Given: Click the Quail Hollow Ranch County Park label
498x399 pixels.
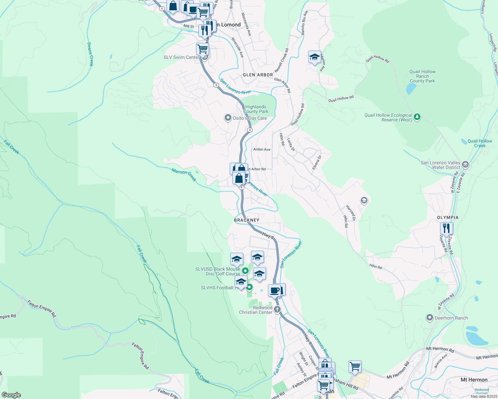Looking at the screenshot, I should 422,76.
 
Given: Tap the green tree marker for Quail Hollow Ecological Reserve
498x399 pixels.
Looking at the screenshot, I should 417,117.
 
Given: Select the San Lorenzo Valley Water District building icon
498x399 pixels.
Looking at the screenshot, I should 465,164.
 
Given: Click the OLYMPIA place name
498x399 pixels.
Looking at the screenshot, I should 448,217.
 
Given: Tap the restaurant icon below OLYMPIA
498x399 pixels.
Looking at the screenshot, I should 446,228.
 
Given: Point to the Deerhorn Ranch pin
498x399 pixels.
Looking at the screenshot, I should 430,318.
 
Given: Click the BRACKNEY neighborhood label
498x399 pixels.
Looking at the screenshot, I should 246,220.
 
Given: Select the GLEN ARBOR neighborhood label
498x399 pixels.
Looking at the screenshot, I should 258,75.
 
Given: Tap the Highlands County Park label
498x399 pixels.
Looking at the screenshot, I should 256,109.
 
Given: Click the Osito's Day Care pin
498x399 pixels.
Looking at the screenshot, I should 228,118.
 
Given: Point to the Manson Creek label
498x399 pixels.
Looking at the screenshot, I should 184,175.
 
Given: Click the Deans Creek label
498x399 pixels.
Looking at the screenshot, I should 90,54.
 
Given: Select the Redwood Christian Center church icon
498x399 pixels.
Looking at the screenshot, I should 277,310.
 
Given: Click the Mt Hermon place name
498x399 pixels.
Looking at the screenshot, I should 474,380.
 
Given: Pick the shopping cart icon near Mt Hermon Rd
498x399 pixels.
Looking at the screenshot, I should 355,367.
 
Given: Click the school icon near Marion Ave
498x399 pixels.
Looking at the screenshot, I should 315,57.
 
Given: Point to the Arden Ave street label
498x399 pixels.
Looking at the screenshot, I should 262,149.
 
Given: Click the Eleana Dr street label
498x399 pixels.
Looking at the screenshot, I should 317,163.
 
